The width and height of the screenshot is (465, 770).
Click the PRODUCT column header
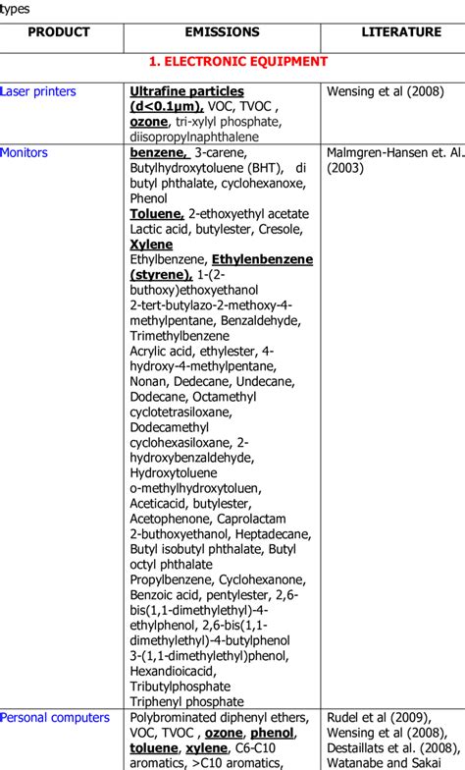tap(59, 32)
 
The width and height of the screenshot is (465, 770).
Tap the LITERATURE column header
tap(401, 32)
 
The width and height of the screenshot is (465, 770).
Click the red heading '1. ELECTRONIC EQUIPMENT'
tap(232, 61)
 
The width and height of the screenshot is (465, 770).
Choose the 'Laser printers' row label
tap(38, 91)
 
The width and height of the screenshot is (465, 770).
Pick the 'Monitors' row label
tap(25, 153)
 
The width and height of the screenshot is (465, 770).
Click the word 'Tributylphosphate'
tap(180, 687)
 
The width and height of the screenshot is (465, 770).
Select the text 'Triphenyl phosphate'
tap(186, 702)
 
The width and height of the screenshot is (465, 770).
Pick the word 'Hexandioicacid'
tap(173, 671)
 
